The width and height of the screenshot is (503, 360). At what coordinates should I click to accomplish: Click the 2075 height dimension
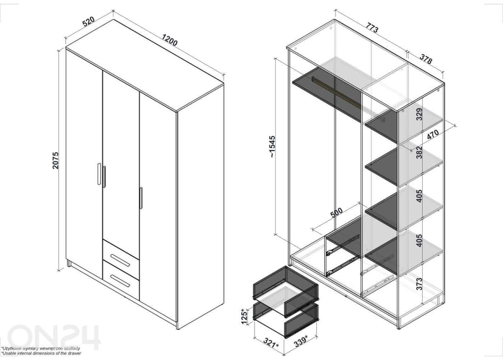point(55,160)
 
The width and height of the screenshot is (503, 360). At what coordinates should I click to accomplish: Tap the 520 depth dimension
point(89,21)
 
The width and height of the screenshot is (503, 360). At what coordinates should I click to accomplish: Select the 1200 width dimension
point(170,40)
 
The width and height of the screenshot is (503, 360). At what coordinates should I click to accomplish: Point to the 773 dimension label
point(372,27)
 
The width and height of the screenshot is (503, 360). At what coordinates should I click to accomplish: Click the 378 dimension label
point(426,59)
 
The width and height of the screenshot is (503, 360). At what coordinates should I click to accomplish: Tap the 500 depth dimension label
point(337,212)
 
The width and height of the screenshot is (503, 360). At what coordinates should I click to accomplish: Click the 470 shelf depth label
point(433,134)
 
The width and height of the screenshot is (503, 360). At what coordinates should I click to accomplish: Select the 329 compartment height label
point(419,114)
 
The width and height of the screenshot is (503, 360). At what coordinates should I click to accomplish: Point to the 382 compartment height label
point(419,152)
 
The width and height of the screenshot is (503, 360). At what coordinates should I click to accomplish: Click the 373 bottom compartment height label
point(419,283)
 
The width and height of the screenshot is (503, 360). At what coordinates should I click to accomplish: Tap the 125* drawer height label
point(245,316)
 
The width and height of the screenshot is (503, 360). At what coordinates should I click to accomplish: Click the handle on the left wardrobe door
point(99,174)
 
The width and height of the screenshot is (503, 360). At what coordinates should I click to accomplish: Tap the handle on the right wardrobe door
point(141,198)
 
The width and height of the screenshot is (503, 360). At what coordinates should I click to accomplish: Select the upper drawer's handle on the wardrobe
point(120,260)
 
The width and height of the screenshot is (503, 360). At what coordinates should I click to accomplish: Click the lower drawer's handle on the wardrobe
point(120,281)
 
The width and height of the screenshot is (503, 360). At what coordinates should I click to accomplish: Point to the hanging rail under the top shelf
point(336,92)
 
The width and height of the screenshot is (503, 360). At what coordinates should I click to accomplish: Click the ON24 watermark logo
point(54,337)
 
